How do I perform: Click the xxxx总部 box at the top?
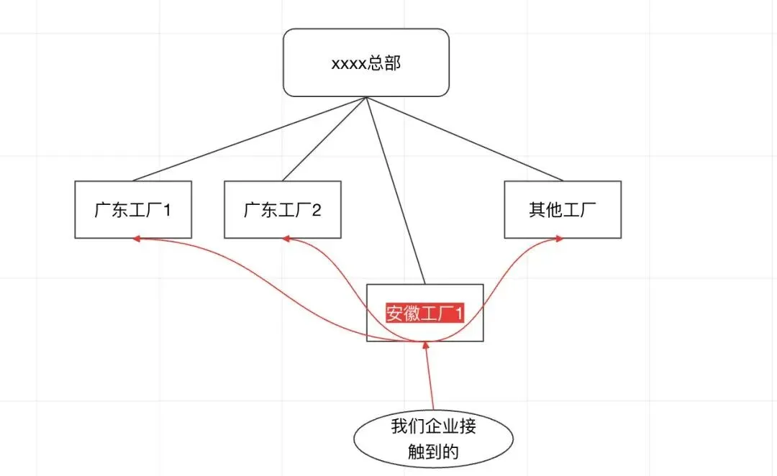point(365,63)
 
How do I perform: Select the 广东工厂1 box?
point(133,210)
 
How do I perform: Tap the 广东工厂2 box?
point(283,210)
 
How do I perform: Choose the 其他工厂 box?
point(563,210)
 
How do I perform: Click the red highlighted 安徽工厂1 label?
point(425,314)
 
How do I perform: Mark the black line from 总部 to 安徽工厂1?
point(396,191)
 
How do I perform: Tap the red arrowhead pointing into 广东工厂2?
point(286,239)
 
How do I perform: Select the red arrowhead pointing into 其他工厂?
point(560,239)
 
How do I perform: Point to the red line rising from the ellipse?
point(431,381)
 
